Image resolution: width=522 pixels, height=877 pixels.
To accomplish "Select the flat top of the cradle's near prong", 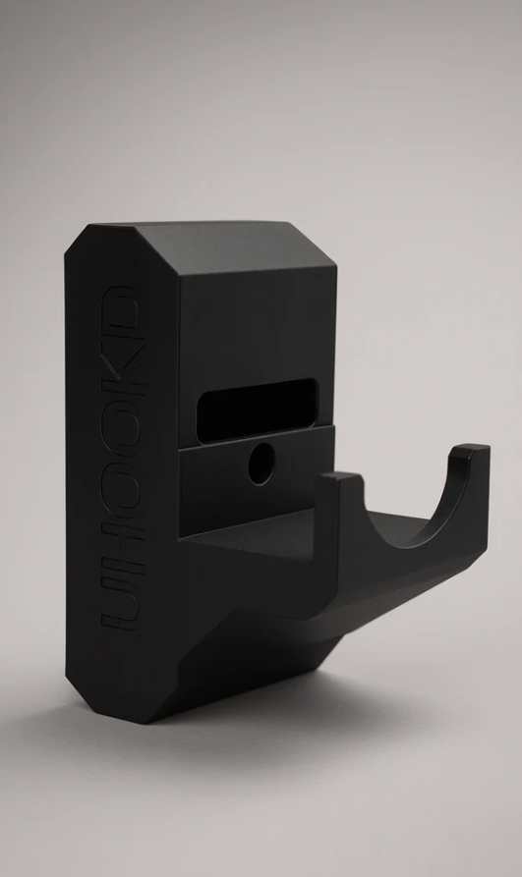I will coord(341,478).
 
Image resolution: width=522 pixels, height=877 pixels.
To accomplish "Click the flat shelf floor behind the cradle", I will coord(265,525).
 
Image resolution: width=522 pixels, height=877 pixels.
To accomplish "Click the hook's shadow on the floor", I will coord(295,717).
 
